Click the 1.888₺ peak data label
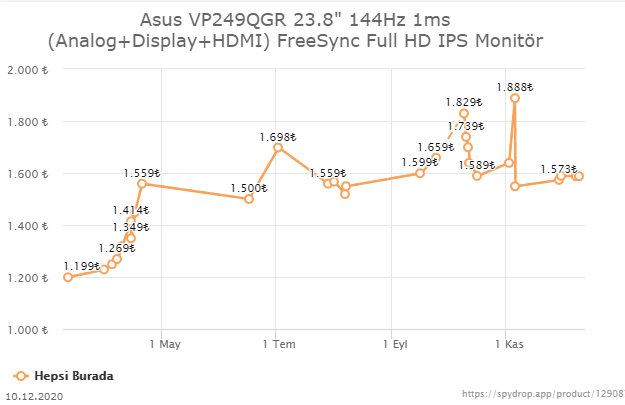click(515, 85)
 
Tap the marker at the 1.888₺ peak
click(515, 98)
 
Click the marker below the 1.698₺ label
click(277, 148)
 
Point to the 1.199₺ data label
click(81, 266)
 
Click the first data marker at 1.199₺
click(68, 277)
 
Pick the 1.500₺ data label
click(248, 188)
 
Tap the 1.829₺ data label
click(463, 102)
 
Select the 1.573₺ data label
click(559, 169)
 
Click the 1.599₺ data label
click(419, 162)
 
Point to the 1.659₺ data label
click(435, 147)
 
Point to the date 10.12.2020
click(34, 396)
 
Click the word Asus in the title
click(163, 19)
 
